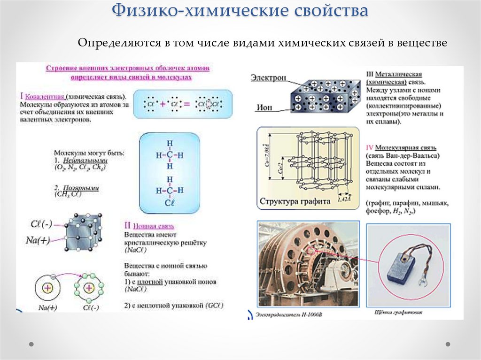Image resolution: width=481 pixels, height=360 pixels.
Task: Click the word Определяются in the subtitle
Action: point(117,43)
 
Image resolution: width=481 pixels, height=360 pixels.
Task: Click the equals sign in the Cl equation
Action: point(187,104)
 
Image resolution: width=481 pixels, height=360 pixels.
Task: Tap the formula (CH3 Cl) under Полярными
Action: point(71,194)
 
